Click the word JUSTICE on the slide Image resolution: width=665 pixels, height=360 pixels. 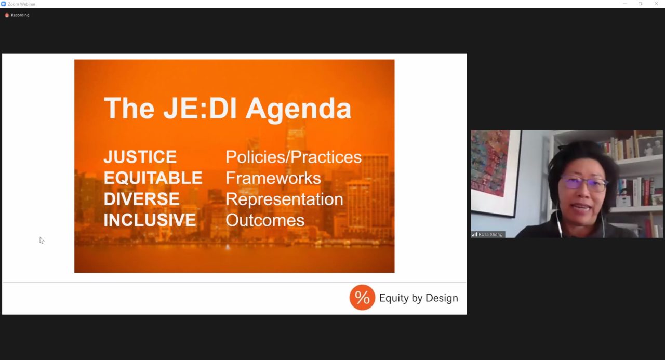coord(140,157)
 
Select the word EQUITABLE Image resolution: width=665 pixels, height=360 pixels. coord(153,178)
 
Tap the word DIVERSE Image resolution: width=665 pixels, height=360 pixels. coord(142,199)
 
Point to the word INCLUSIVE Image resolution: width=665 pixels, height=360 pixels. coord(150,220)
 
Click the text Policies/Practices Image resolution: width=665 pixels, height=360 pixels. coord(294,157)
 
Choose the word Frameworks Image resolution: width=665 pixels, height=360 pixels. coord(273,178)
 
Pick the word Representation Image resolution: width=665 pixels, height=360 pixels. coord(284,199)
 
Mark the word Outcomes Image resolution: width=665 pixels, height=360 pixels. coord(265,220)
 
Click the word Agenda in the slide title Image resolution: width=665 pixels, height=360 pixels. coord(298,110)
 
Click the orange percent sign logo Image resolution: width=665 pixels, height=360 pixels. coord(362,297)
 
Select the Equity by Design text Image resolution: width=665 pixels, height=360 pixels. coord(419,298)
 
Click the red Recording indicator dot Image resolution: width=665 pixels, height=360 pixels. coord(7,15)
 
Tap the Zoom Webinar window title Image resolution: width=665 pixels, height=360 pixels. coord(21,4)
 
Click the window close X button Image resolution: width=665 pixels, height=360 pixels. coord(656,4)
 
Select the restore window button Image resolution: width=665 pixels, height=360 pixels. coord(641,4)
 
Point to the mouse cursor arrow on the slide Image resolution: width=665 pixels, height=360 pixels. coord(42,241)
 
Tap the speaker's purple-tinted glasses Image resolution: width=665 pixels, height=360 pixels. coord(583,183)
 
